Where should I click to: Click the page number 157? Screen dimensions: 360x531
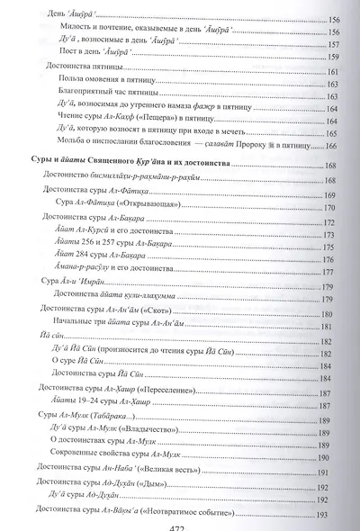point(333,41)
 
